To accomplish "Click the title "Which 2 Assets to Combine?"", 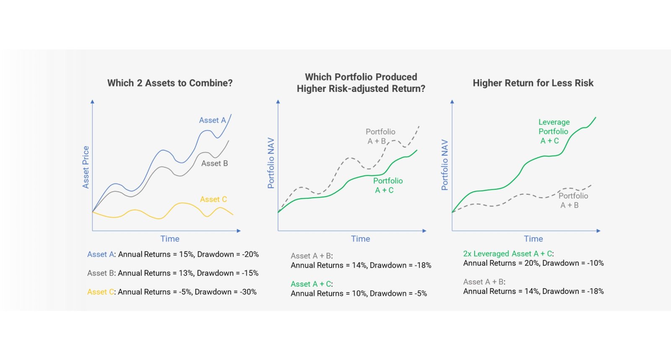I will point(170,83).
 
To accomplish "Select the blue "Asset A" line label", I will point(212,120).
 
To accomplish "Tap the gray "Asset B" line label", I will point(214,164).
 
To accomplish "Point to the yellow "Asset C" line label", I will point(213,199).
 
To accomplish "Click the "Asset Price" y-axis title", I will point(86,167).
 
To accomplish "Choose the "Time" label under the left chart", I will point(170,239).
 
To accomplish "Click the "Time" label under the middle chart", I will point(360,239).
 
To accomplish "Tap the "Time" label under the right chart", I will point(533,239).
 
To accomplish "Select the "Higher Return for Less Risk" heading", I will point(533,83).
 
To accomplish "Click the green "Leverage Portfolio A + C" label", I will point(554,131).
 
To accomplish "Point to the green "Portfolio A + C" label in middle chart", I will point(388,185).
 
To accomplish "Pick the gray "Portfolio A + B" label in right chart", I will point(572,201).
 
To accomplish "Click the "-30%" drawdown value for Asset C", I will point(248,292).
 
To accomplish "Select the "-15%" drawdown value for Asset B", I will point(250,273).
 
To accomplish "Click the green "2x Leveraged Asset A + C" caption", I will point(508,254).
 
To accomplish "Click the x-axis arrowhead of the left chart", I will point(239,231).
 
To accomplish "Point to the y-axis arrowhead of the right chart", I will point(452,102).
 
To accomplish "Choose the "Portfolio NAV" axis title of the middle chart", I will point(271,163).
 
